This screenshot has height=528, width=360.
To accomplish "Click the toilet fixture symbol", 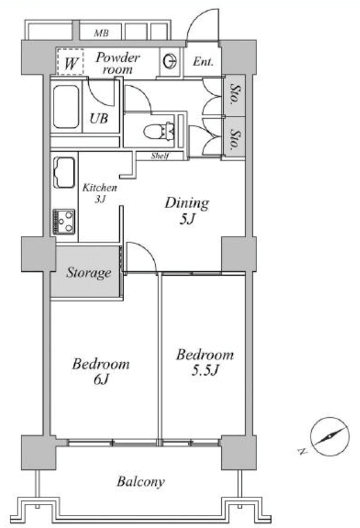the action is coord(159,131).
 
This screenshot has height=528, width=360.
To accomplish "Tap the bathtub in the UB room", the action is coord(66,107).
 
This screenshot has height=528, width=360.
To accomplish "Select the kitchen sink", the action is coord(64,172).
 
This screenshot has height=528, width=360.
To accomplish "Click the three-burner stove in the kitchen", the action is coord(64,221).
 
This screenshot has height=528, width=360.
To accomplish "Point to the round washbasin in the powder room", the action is coord(170,61).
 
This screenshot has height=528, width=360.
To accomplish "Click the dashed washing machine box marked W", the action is coord(70,62).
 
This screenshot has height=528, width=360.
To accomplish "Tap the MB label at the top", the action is coord(101,33).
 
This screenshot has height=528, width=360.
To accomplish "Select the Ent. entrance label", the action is coord(203,62).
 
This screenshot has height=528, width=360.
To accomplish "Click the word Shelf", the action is coord(160,156).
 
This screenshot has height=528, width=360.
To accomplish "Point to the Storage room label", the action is coord(89,272).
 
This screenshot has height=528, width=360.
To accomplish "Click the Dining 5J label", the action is coord(187,211).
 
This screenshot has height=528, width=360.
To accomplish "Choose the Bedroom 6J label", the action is coord(100,372).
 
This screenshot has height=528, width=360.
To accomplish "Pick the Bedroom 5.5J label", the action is coord(205,362).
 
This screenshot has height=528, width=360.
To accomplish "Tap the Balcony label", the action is coord(141,482).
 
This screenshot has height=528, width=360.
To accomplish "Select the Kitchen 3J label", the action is coord(100,193).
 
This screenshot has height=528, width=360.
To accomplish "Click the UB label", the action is coord(98,119).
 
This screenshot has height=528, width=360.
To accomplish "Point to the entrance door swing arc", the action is coord(202,21).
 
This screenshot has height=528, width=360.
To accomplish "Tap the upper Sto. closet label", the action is coord(235,95).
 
